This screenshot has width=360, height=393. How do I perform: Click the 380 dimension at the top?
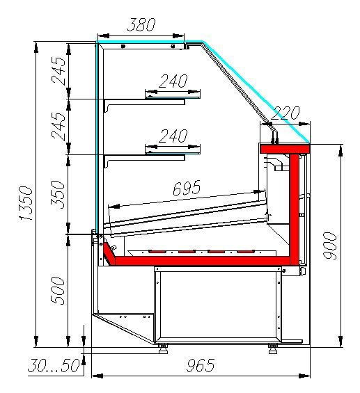(x=141, y=25)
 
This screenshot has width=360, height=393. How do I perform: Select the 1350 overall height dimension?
(x=26, y=203)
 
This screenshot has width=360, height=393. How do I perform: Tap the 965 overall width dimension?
(x=201, y=365)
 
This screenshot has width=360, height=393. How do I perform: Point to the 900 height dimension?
(x=329, y=246)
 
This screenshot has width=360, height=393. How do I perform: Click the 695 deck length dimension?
(x=187, y=188)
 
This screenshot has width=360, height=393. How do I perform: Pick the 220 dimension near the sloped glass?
(x=285, y=113)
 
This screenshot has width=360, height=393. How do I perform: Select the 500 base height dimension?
(x=58, y=291)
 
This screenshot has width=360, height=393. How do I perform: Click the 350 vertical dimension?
(x=58, y=194)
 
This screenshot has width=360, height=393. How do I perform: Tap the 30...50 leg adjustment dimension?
(x=54, y=365)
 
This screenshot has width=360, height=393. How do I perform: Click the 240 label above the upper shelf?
(x=173, y=81)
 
